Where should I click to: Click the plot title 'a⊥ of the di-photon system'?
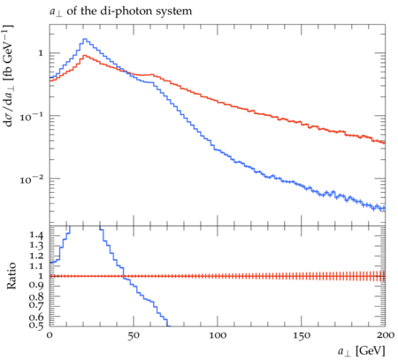tap(120, 11)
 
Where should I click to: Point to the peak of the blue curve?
tap(85, 39)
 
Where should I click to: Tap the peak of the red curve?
tap(85, 56)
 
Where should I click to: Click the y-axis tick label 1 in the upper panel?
tap(41, 53)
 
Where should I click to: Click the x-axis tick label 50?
tap(134, 335)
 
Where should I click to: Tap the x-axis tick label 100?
tap(218, 335)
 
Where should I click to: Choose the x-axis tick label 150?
tap(302, 335)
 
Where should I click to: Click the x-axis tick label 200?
tap(385, 335)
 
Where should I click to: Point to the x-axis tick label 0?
tap(50, 335)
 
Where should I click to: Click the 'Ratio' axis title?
tap(11, 276)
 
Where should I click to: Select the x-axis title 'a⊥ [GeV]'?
tap(362, 351)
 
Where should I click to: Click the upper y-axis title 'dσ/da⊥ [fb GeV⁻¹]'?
tap(9, 76)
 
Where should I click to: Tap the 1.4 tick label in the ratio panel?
tap(36, 235)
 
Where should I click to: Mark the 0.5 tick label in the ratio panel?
tap(36, 326)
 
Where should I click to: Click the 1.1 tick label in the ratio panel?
tap(36, 266)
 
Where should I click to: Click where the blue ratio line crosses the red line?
tap(124, 276)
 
